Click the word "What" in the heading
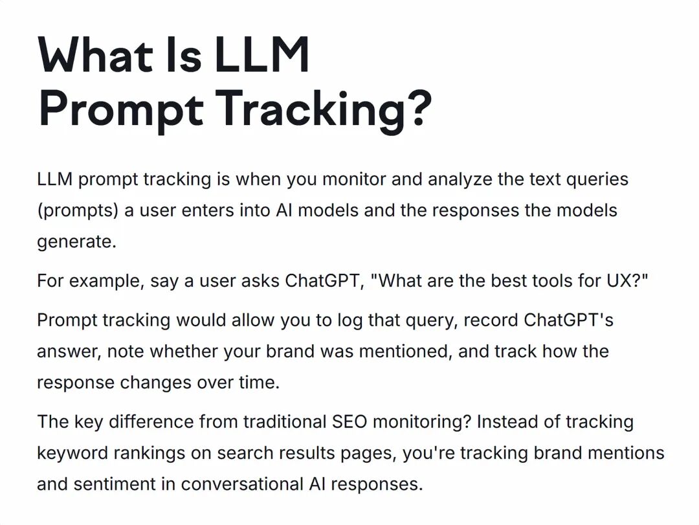[x=94, y=55]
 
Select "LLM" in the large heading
[x=261, y=55]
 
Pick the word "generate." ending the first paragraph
[x=76, y=242]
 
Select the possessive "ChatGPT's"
[x=568, y=320]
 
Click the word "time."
[x=258, y=383]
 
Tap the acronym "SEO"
[x=349, y=422]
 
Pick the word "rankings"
[x=148, y=453]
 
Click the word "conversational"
[x=241, y=484]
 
